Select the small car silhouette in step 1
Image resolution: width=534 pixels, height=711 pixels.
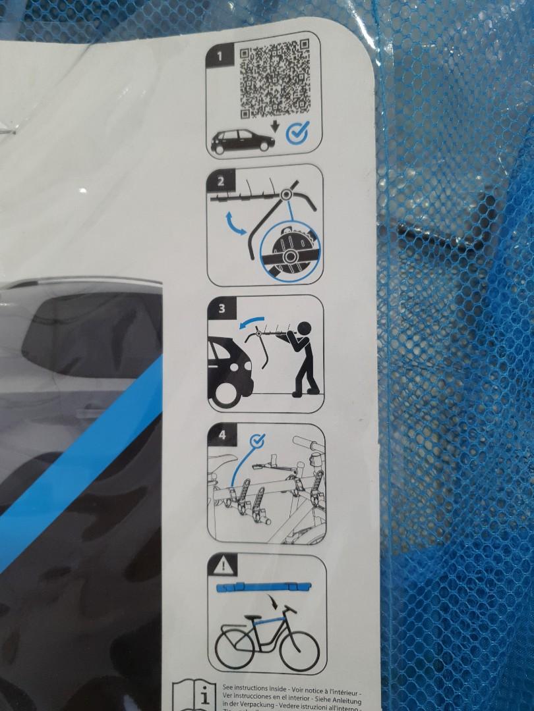[242, 140]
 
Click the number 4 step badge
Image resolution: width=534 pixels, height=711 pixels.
[221, 435]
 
